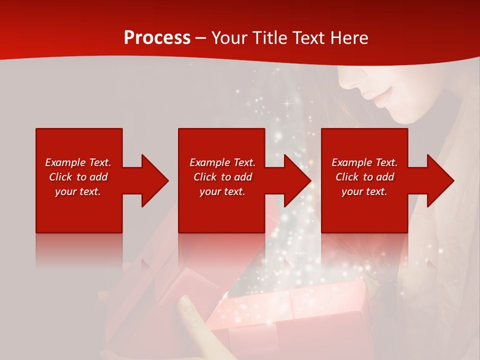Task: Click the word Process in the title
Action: [157, 38]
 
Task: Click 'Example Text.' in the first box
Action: [78, 162]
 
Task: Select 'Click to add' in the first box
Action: [78, 177]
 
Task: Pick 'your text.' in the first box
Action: [78, 191]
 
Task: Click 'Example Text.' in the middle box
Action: [222, 162]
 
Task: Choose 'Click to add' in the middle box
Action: [222, 177]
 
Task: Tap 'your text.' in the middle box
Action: [222, 191]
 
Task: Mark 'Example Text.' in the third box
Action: [364, 162]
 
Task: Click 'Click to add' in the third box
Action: [364, 177]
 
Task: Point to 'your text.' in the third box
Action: [364, 191]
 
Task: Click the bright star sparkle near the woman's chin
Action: [287, 103]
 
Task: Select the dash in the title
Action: [201, 38]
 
